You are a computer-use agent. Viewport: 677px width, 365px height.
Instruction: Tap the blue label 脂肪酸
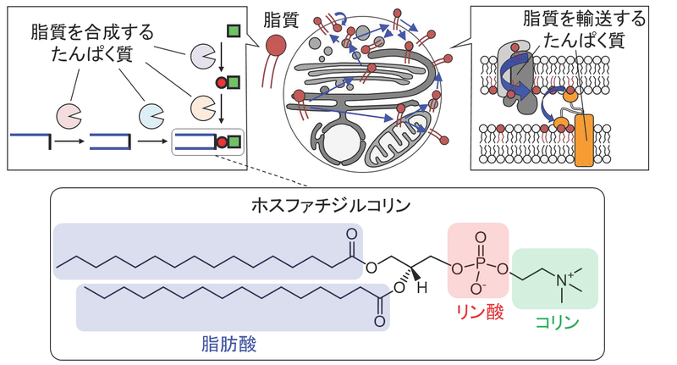pyautogui.click(x=224, y=343)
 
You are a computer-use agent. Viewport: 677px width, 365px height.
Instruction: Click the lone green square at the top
pyautogui.click(x=234, y=32)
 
